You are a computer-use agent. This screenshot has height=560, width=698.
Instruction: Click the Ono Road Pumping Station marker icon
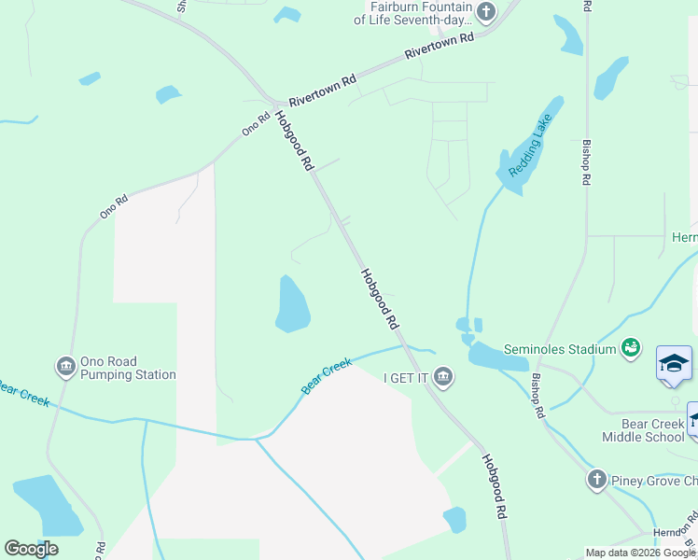(66, 365)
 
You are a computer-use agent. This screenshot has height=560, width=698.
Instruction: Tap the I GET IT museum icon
(444, 377)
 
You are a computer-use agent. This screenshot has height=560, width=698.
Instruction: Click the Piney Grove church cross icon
(597, 480)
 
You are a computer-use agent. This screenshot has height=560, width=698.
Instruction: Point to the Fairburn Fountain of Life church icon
(484, 12)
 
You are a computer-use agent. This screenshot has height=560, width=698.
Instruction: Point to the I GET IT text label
(405, 378)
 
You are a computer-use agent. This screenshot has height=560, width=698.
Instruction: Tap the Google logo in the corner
(31, 549)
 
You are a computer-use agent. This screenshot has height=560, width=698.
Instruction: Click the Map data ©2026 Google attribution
(641, 553)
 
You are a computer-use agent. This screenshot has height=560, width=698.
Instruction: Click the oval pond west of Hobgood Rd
(292, 304)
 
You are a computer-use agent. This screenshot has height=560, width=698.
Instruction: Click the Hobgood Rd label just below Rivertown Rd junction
(293, 141)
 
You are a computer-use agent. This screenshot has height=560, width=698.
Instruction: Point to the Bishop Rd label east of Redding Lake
(586, 163)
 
